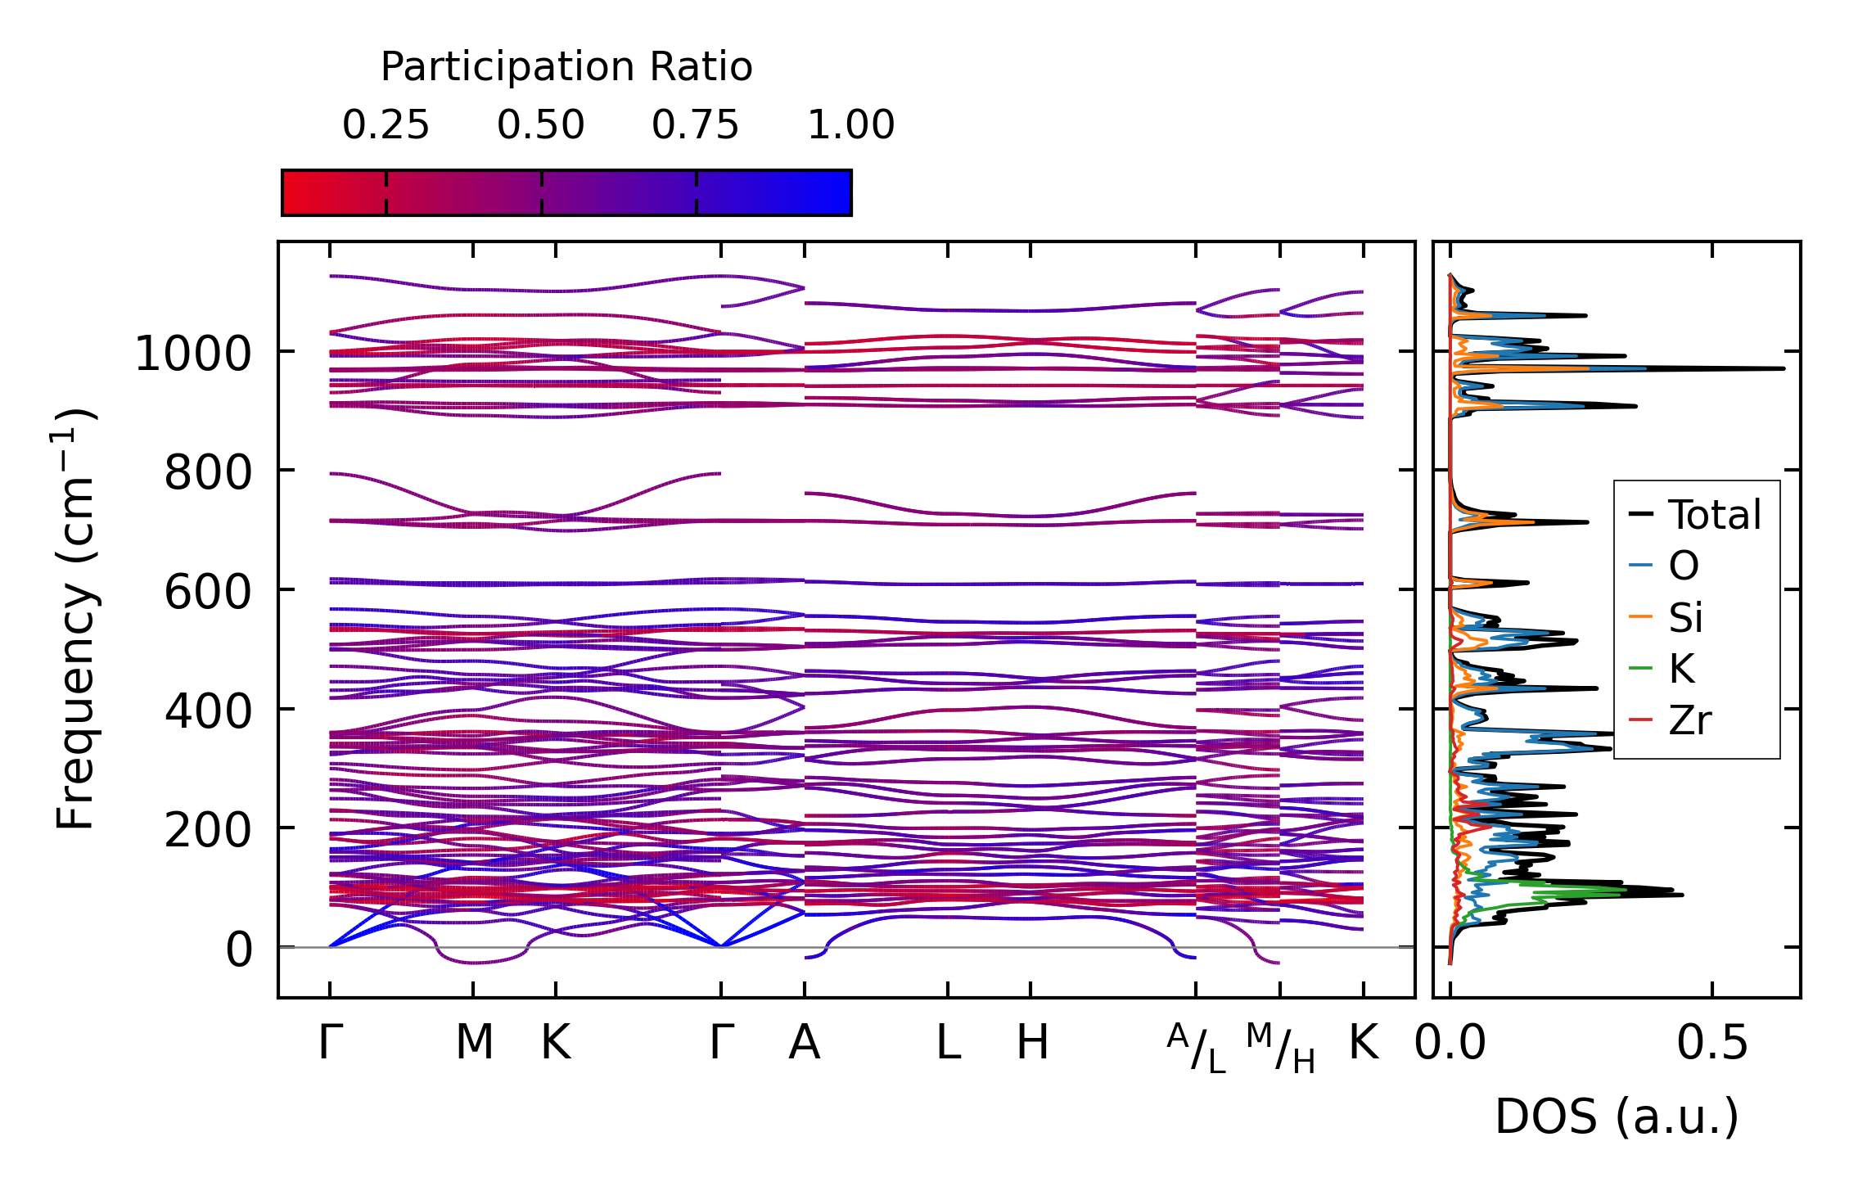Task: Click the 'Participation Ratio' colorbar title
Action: coord(566,67)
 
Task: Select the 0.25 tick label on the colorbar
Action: coord(386,125)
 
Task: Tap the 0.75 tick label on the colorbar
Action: coord(696,125)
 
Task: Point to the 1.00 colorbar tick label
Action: coord(851,125)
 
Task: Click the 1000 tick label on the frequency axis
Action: coord(193,354)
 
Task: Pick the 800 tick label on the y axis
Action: coord(208,473)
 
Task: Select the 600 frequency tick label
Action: coord(208,592)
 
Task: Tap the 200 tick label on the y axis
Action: coord(208,830)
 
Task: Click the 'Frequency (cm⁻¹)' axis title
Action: coord(75,619)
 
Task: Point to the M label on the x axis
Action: coord(474,1043)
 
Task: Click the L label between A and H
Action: coord(948,1043)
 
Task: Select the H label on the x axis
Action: coord(1032,1043)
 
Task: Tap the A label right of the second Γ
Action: coord(805,1043)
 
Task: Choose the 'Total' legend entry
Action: coord(1714,515)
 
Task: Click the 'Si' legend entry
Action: coord(1685,618)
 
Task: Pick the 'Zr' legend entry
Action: coord(1689,721)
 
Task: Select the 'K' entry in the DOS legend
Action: coord(1681,670)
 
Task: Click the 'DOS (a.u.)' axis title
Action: coord(1617,1117)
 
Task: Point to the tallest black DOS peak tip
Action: coord(1784,369)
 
